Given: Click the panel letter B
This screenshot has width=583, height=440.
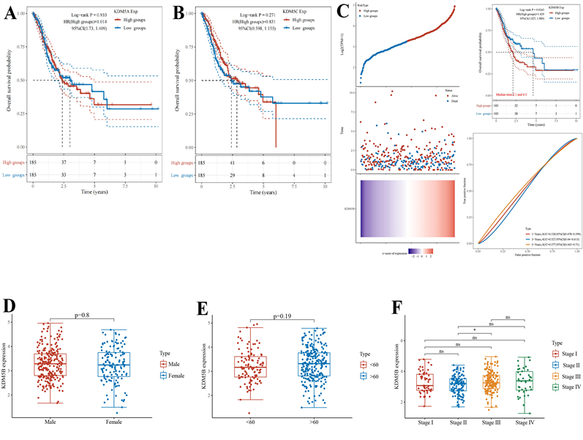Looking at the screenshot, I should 178,14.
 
